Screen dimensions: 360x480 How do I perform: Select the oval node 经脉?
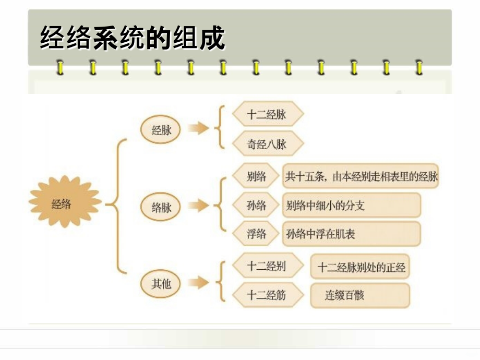click(162, 130)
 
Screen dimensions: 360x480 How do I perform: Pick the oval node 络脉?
click(162, 207)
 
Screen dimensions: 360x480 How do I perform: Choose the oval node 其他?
click(162, 284)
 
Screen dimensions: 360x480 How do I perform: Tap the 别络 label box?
click(256, 177)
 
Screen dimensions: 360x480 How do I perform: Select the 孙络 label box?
click(256, 206)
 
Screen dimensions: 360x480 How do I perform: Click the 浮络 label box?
click(256, 234)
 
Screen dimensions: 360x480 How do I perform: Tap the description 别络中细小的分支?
click(351, 206)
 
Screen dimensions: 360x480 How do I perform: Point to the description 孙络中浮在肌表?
click(351, 234)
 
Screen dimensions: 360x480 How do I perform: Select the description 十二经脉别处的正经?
click(361, 268)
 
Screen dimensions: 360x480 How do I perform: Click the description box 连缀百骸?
click(361, 296)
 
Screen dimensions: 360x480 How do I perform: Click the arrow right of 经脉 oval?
click(198, 129)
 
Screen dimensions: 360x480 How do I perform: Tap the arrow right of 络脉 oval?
click(198, 206)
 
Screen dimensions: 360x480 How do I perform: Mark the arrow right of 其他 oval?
click(198, 283)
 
